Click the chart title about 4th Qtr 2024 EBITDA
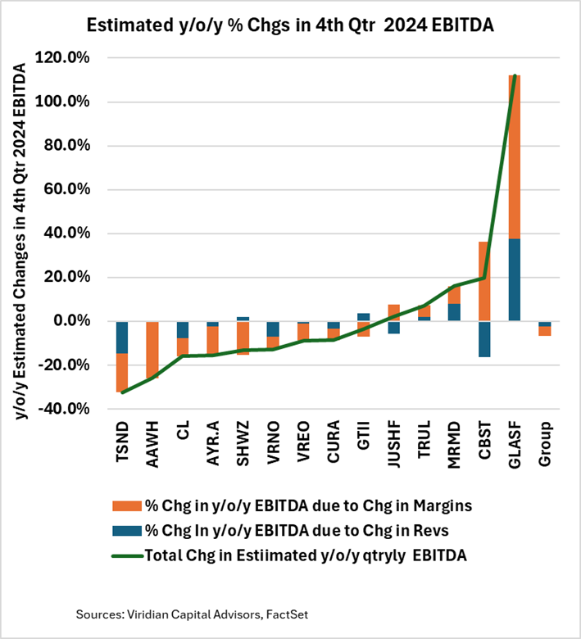tap(290, 25)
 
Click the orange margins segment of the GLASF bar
tap(514, 164)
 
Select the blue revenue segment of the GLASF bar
tap(514, 279)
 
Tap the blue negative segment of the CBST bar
tap(483, 338)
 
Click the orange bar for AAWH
tap(152, 350)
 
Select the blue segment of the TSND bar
tap(122, 337)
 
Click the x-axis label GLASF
tap(515, 446)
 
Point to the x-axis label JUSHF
tap(394, 446)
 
